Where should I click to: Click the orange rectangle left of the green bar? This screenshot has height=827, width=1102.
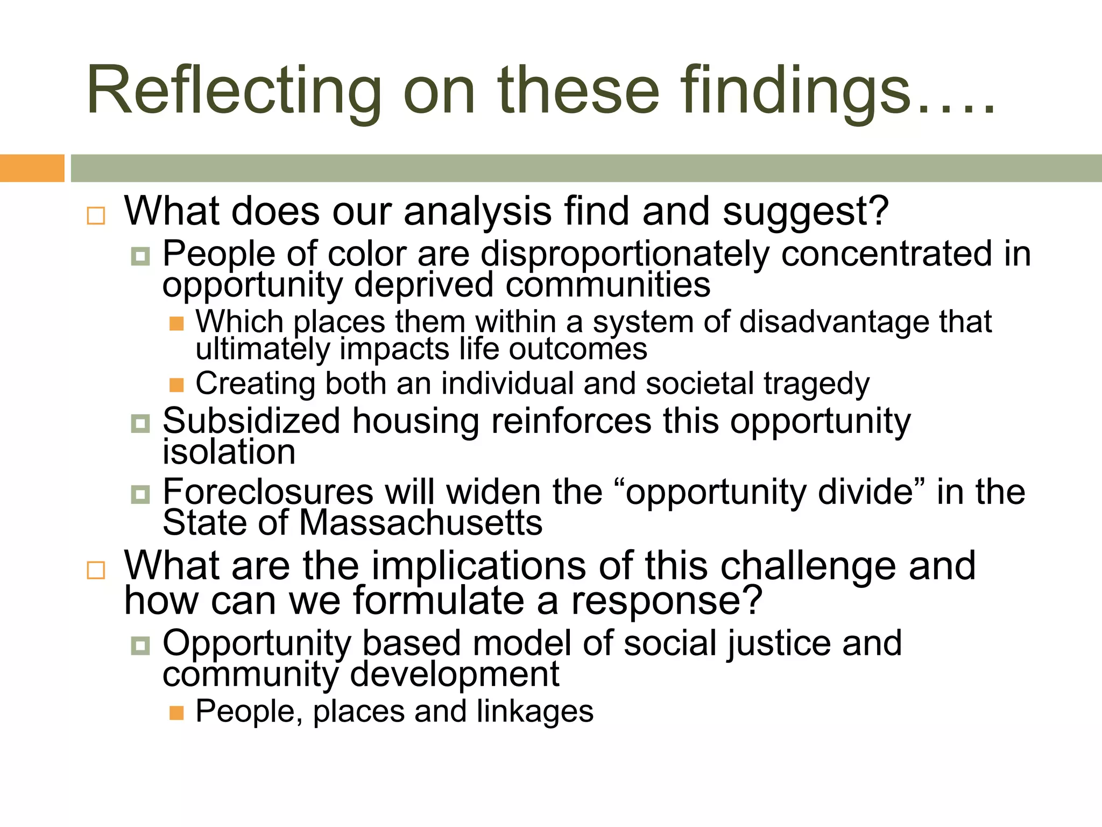[x=32, y=168]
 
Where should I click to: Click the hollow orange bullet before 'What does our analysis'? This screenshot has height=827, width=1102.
[x=96, y=216]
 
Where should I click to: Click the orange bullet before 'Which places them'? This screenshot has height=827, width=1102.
[x=176, y=324]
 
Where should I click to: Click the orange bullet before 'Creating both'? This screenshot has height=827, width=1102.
[x=176, y=385]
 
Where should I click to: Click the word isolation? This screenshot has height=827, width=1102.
[x=229, y=452]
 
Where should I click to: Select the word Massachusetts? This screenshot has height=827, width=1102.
[x=420, y=523]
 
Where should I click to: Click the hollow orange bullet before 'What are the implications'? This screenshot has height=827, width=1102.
[x=96, y=570]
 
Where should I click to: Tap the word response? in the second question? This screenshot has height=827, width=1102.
[x=667, y=601]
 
